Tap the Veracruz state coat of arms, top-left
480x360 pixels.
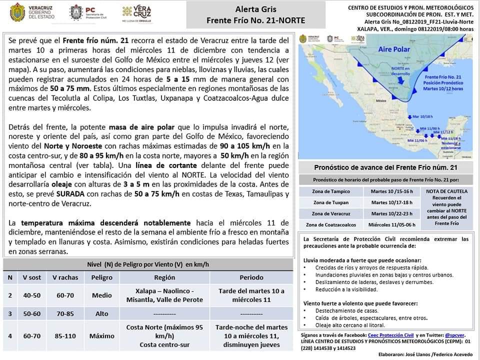[18, 12]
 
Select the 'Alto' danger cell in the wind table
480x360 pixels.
[101, 313]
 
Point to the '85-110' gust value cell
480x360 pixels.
[65, 336]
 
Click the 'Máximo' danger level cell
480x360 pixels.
[101, 336]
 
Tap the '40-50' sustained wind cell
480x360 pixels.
[31, 295]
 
